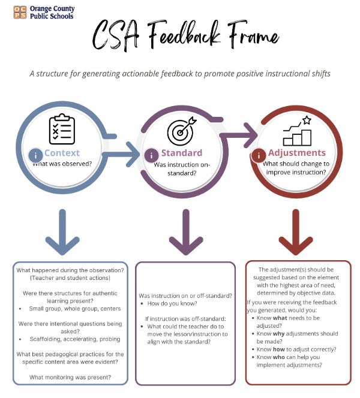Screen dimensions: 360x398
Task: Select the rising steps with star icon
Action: [x=298, y=131]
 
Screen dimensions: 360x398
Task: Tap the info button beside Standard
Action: [x=151, y=155]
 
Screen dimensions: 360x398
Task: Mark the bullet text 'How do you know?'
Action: [x=175, y=304]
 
